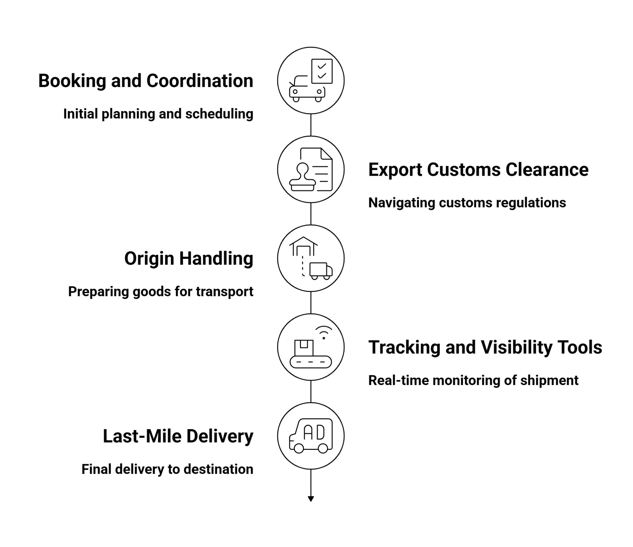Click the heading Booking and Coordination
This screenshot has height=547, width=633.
(x=146, y=81)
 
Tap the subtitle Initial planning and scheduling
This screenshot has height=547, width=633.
(x=158, y=114)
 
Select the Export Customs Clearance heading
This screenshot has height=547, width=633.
(x=478, y=170)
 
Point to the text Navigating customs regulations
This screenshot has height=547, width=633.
(x=467, y=203)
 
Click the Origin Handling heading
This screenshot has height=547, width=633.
(x=189, y=259)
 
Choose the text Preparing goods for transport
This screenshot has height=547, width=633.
(x=161, y=292)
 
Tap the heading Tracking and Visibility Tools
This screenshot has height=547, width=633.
(x=485, y=347)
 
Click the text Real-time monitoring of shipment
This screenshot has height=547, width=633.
(x=473, y=380)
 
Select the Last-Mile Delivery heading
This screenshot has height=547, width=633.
(x=178, y=436)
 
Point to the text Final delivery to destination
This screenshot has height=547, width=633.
(x=167, y=469)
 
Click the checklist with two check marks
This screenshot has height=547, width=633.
(x=322, y=71)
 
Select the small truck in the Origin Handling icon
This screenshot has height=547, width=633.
(x=321, y=271)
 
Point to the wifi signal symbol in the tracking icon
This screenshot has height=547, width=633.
(x=324, y=332)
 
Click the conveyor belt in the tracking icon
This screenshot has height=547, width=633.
(x=310, y=362)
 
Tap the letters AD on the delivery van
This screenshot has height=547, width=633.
(x=314, y=433)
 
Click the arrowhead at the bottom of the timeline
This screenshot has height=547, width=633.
(x=311, y=499)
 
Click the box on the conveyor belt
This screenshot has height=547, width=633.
(x=304, y=348)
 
